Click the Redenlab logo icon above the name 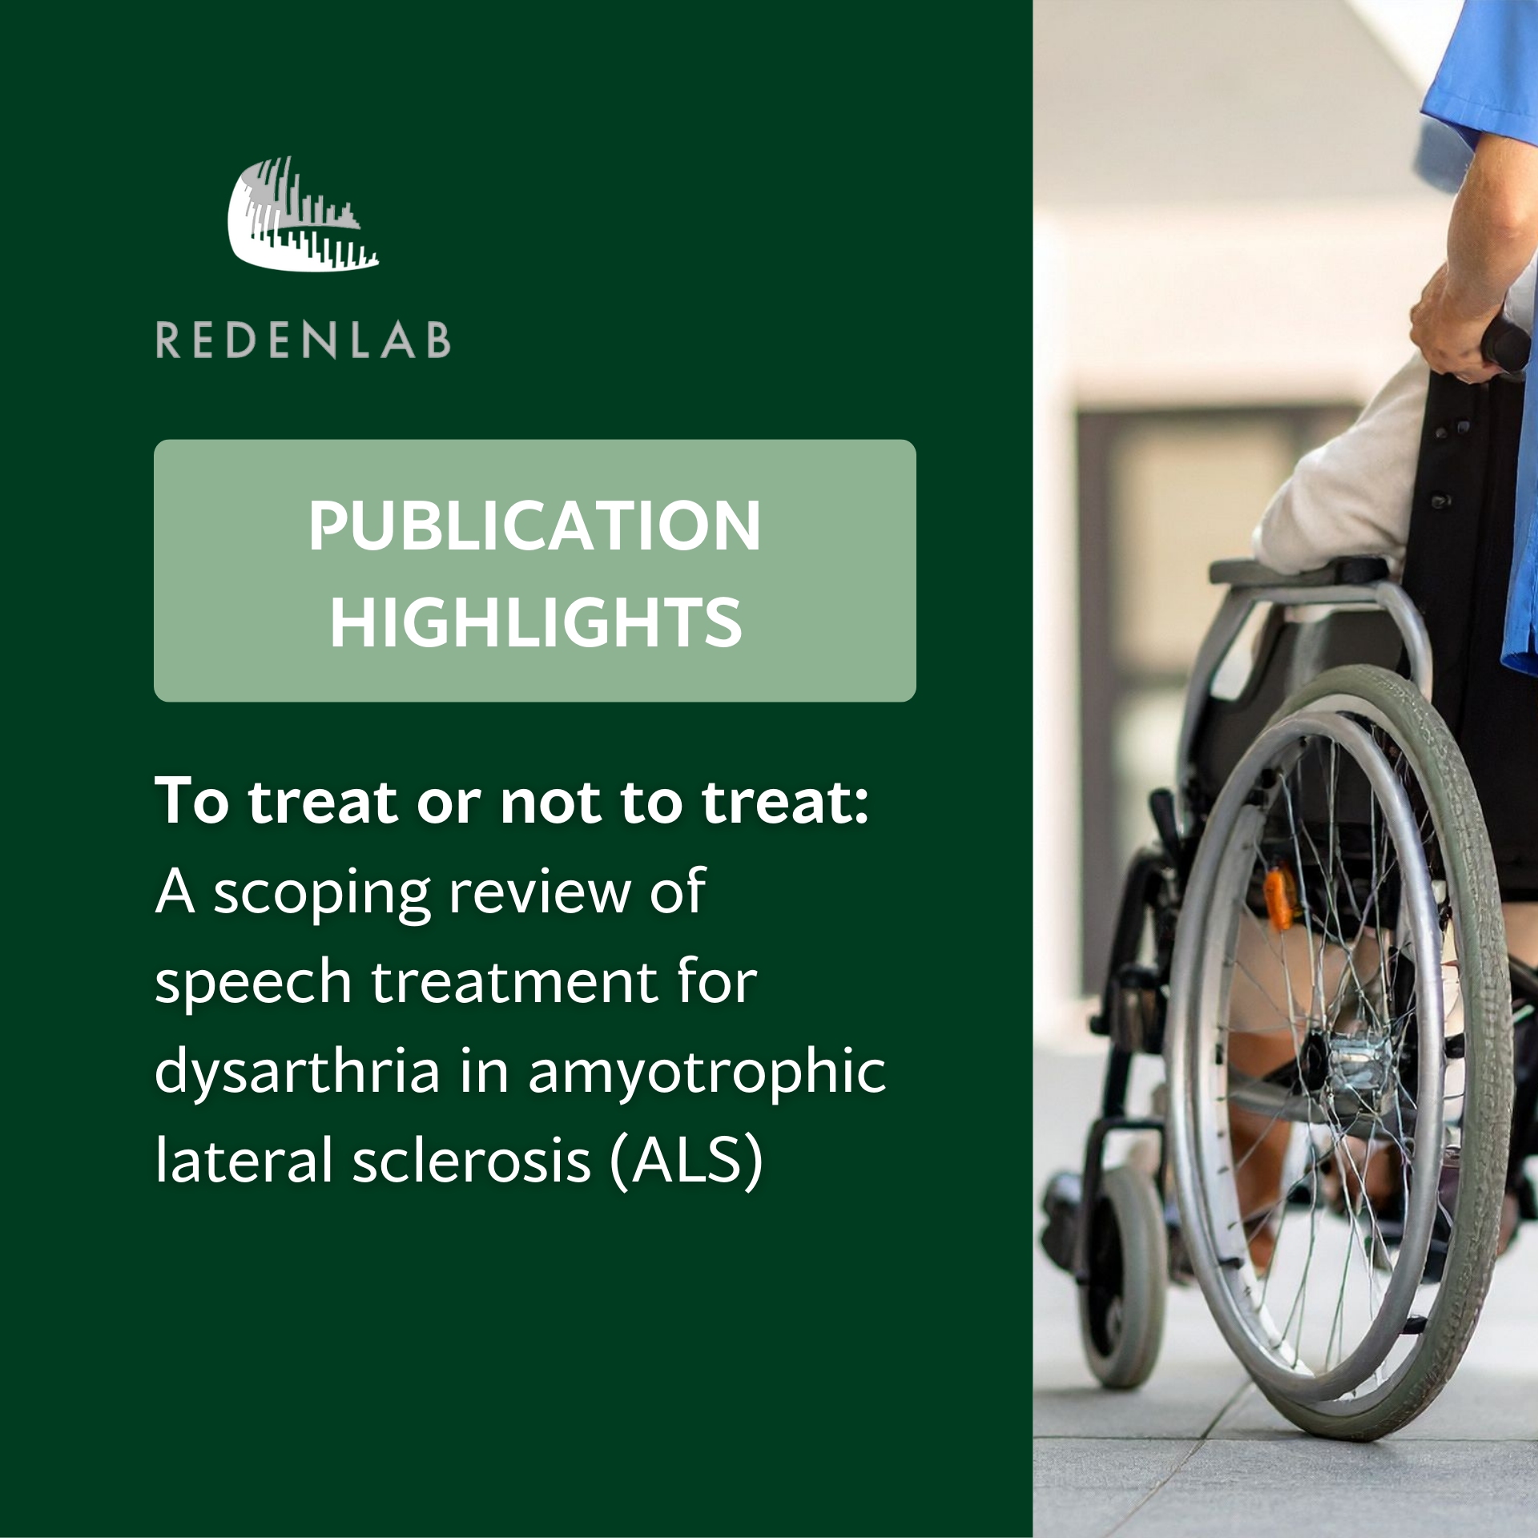pos(303,215)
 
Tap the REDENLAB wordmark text pos(303,340)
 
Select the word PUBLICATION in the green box pos(534,525)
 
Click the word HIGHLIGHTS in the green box pos(535,622)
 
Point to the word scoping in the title pos(321,894)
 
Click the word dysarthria pos(297,1071)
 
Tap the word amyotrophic pos(707,1072)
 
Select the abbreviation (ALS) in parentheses pos(686,1161)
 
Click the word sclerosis pos(472,1161)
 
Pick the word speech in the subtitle pos(253,983)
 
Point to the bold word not pos(551,802)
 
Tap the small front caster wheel pos(1121,1282)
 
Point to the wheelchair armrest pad pos(1298,571)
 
